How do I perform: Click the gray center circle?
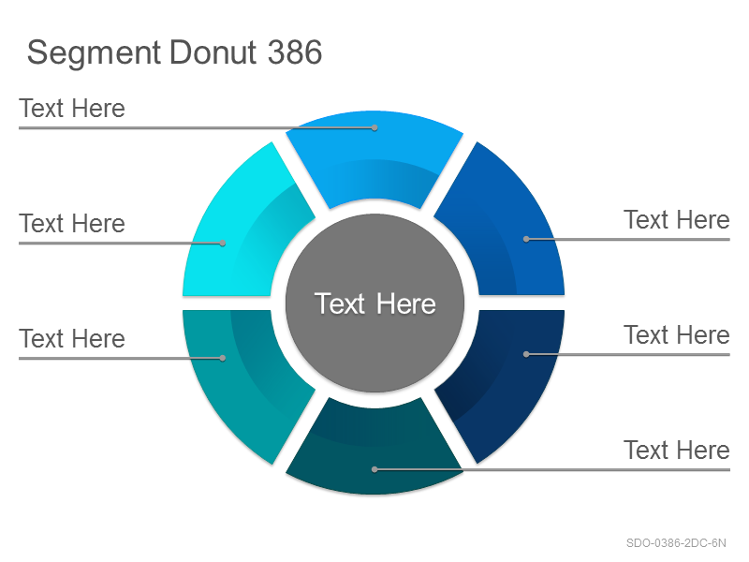pos(374,303)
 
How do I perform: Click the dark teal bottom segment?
pos(374,451)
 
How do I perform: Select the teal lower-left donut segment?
pos(239,377)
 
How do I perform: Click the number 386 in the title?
pos(295,52)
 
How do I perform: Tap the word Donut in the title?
pos(213,52)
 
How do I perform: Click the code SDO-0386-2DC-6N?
pos(676,543)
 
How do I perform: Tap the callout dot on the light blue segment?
pos(375,127)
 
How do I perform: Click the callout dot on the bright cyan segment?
pos(223,243)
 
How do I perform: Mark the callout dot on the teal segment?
pos(223,358)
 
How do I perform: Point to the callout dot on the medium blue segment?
pos(526,239)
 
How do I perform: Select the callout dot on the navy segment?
pos(526,354)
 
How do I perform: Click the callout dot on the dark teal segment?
pos(374,469)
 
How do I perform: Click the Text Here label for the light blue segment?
pos(72,109)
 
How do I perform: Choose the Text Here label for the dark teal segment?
pos(677,451)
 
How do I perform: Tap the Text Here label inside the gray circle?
pos(375,303)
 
